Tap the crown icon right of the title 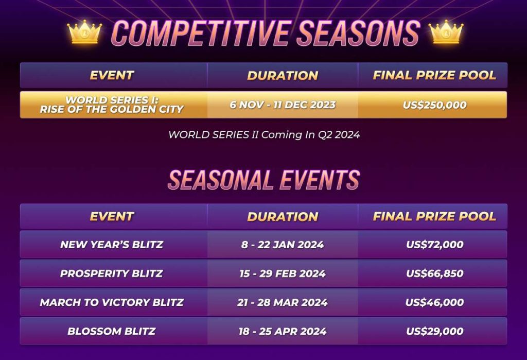446,32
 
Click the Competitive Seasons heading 265,33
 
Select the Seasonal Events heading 263,180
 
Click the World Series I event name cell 112,105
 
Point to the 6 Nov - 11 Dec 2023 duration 283,105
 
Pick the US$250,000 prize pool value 434,105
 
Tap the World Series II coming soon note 263,135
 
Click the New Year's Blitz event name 112,245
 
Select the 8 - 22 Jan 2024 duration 283,245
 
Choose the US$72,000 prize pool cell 434,245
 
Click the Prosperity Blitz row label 112,273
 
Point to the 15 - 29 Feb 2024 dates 283,273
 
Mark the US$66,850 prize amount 434,273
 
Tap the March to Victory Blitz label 112,302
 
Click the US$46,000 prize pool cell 434,302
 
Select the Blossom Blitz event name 112,331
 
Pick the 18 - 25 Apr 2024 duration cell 283,331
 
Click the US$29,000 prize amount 434,331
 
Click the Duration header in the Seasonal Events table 283,216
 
